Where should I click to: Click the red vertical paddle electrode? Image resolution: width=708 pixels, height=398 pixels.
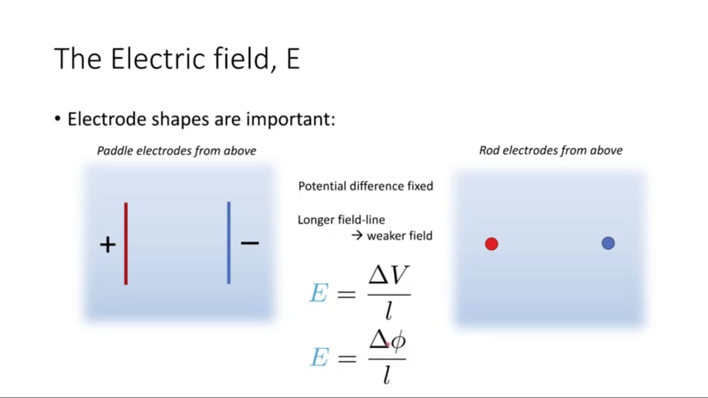[x=126, y=244]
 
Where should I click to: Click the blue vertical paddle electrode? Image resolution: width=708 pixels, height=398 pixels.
[x=229, y=243]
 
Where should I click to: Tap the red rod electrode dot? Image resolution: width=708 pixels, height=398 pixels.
[x=492, y=244]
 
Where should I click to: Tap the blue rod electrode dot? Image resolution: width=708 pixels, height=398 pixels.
[x=608, y=243]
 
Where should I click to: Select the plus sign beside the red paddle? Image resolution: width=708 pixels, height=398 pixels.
[x=108, y=244]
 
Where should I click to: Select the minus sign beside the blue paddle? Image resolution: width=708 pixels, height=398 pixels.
[x=249, y=243]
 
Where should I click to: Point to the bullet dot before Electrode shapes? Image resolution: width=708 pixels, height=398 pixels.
[x=57, y=119]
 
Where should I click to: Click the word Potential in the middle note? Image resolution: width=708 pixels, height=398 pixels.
[x=322, y=186]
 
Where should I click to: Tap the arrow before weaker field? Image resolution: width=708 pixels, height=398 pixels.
[x=357, y=235]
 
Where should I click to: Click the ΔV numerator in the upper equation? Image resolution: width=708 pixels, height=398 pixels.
[x=389, y=275]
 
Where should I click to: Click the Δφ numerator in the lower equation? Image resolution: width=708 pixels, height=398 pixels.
[x=388, y=339]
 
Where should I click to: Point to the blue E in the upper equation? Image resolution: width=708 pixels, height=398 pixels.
[x=319, y=293]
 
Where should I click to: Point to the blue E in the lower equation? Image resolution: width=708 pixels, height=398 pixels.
[x=320, y=357]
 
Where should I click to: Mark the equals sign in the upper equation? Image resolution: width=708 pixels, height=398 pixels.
[x=346, y=295]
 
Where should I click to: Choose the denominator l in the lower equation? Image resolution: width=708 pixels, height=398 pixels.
[x=387, y=375]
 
